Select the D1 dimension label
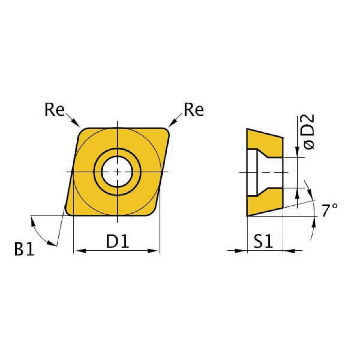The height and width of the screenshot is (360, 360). [117, 241]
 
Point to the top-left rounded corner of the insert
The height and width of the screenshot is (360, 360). [82, 132]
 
